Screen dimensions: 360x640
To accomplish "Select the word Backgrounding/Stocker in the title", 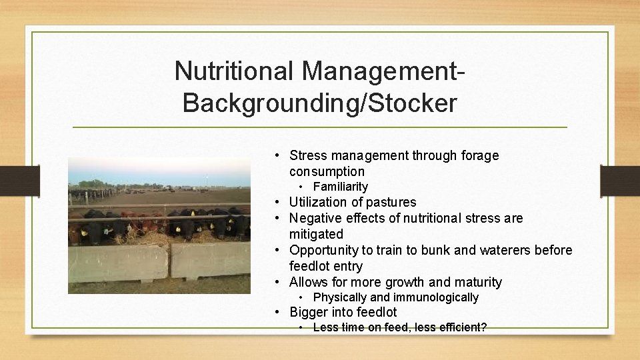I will (319, 103).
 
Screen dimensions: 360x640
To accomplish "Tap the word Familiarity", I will (340, 187).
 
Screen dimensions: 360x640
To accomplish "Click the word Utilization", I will (317, 202).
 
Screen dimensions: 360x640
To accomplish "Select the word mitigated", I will (316, 234).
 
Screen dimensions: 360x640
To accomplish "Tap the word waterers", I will (505, 250).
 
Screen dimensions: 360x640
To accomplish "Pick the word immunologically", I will (435, 297).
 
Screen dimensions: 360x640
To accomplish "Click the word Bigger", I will (309, 312).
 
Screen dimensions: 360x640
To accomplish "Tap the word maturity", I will (477, 282).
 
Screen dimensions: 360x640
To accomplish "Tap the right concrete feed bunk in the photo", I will (210, 259).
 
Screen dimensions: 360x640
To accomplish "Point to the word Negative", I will (316, 218).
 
